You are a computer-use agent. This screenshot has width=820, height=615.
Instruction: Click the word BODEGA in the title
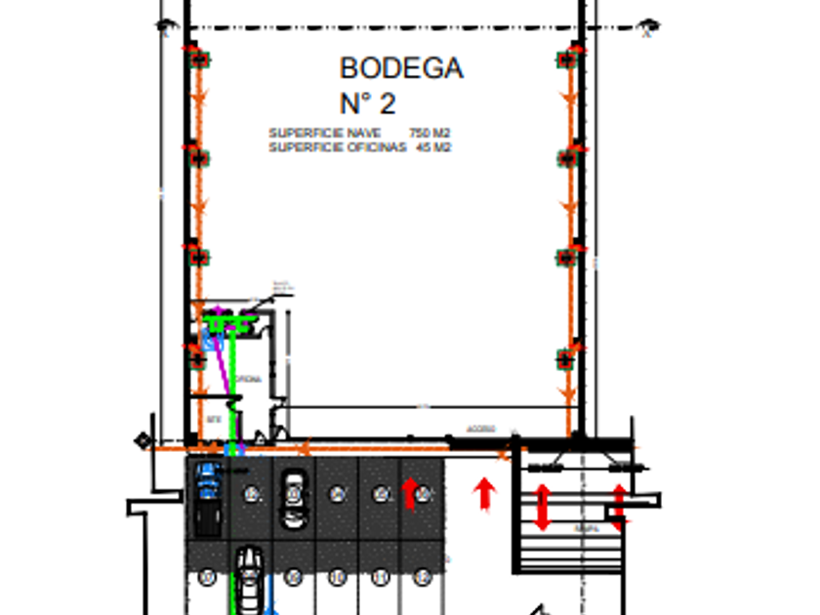pos(400,68)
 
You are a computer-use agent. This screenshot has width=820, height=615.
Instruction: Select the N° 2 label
pos(367,103)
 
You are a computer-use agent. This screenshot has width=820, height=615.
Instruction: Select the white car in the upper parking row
pos(293,499)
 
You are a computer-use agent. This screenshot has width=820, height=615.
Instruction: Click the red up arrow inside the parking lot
pos(411,493)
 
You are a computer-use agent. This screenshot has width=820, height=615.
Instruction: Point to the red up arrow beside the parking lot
pos(484,493)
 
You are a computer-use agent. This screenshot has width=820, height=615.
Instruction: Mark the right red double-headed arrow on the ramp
pos(618,506)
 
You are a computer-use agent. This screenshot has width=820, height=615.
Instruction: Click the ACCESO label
pos(480,430)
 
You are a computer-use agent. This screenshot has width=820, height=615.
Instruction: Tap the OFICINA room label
pos(249,379)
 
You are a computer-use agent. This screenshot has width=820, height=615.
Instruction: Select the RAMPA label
pos(586,529)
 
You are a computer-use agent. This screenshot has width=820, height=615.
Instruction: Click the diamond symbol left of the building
pos(143,441)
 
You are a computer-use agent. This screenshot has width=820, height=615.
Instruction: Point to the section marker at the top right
pos(648,26)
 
